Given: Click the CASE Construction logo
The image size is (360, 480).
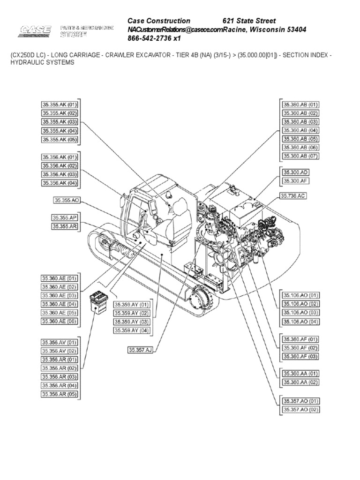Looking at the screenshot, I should point(36,32).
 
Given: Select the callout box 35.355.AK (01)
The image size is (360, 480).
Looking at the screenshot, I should point(60,105).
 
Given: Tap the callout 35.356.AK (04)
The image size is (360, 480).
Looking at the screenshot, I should point(60,183).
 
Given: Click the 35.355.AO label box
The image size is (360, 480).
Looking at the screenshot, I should point(67,200).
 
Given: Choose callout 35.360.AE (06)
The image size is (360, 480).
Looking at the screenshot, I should point(60,321).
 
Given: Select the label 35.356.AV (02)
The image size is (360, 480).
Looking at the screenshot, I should point(60,351).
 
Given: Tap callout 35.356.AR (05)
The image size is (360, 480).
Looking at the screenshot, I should point(60,394).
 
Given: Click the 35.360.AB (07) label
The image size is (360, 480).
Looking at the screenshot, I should point(300,156).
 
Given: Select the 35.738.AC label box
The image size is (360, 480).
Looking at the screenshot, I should point(293,196).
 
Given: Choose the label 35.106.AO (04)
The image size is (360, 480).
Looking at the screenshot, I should point(300,322).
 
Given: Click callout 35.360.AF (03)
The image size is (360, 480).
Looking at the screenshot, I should point(300,357).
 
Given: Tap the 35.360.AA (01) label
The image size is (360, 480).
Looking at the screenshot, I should point(300,374).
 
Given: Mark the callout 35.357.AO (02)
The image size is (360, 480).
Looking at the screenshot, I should point(300,410).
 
